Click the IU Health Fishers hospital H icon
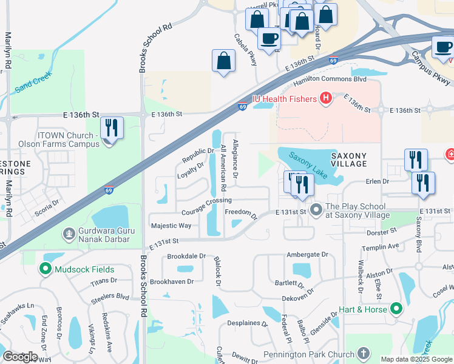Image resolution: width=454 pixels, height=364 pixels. pos(325,98)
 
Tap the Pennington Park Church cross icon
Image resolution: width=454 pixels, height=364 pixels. pos(364,354)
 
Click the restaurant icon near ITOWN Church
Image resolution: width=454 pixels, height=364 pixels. pos(112,128)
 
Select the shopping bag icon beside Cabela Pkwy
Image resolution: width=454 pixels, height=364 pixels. pos(223,61)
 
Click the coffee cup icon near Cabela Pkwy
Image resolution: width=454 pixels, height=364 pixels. pos(269,38)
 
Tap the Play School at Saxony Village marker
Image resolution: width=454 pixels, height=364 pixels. pos(316,211)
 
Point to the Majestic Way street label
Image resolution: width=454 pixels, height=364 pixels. pos(171,226)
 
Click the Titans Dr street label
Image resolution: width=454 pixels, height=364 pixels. pos(103,280)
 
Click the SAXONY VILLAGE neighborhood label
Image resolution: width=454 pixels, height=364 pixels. pos(348,160)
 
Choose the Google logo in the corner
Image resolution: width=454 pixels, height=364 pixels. pos(20,357)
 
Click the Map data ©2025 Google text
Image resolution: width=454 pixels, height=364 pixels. pos(416,359)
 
